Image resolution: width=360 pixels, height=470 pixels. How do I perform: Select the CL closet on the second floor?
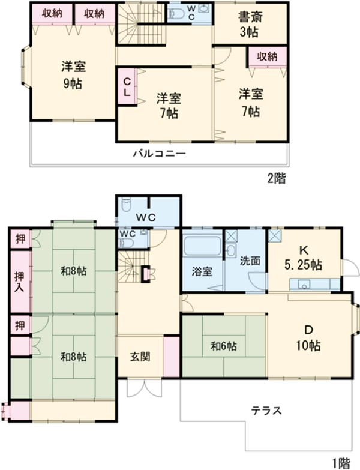pos(128,88)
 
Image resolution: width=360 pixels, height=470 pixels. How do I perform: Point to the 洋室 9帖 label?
pos(71,74)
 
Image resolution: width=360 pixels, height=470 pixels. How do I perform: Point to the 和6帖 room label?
pos(223,346)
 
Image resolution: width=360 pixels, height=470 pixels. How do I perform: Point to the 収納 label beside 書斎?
pos(267,56)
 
